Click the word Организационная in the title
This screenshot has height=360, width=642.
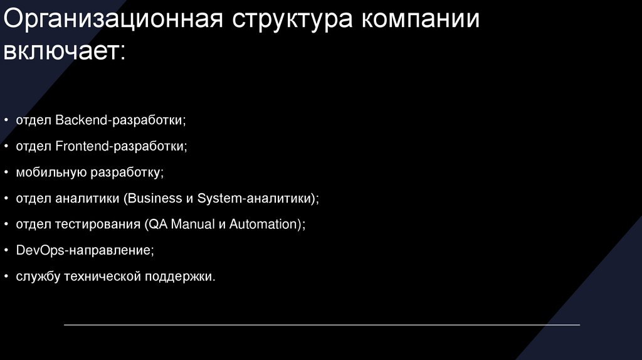[x=113, y=21]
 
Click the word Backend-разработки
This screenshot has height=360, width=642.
[x=121, y=119]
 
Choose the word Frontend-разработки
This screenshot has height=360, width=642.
[x=122, y=146]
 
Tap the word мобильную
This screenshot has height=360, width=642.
[x=52, y=171]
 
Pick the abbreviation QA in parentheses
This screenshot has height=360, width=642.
[x=153, y=224]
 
